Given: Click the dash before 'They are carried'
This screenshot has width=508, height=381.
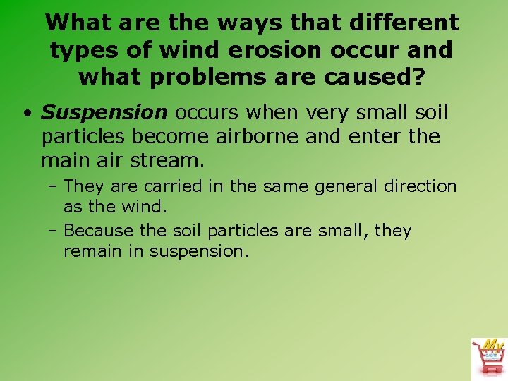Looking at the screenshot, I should tap(54, 187).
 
